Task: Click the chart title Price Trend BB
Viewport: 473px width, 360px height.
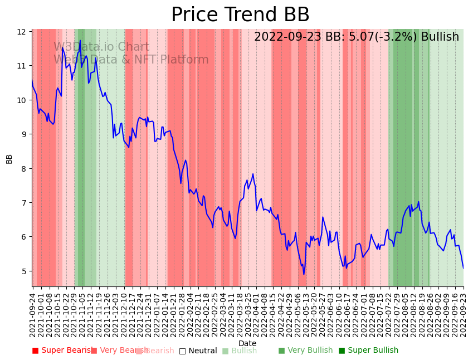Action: pyautogui.click(x=240, y=15)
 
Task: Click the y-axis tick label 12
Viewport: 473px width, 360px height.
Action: pyautogui.click(x=23, y=32)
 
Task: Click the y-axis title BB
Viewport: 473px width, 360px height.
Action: pyautogui.click(x=9, y=158)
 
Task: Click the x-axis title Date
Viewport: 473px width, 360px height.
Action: pyautogui.click(x=247, y=343)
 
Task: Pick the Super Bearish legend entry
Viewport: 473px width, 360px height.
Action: pyautogui.click(x=62, y=351)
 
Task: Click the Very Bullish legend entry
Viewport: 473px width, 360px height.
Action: pyautogui.click(x=305, y=351)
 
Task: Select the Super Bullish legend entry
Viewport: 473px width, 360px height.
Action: pyautogui.click(x=368, y=351)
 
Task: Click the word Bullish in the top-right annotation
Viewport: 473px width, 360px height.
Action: pyautogui.click(x=440, y=37)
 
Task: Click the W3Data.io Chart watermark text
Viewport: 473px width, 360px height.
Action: pyautogui.click(x=101, y=47)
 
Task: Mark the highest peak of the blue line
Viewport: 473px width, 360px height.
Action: pyautogui.click(x=80, y=40)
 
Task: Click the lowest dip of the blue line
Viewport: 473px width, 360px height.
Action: pyautogui.click(x=304, y=274)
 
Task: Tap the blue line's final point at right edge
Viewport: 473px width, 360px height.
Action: pyautogui.click(x=463, y=268)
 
